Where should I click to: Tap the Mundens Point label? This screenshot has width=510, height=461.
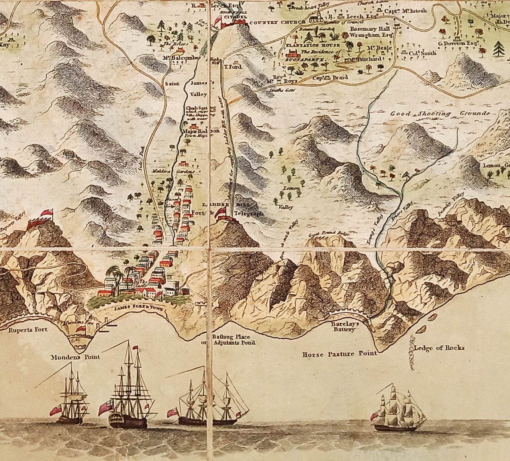click(x=75, y=357)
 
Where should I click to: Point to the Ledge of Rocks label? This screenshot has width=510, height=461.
click(x=439, y=347)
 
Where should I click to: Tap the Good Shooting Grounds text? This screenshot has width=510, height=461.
click(x=439, y=114)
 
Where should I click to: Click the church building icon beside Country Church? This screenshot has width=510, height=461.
click(x=316, y=17)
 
